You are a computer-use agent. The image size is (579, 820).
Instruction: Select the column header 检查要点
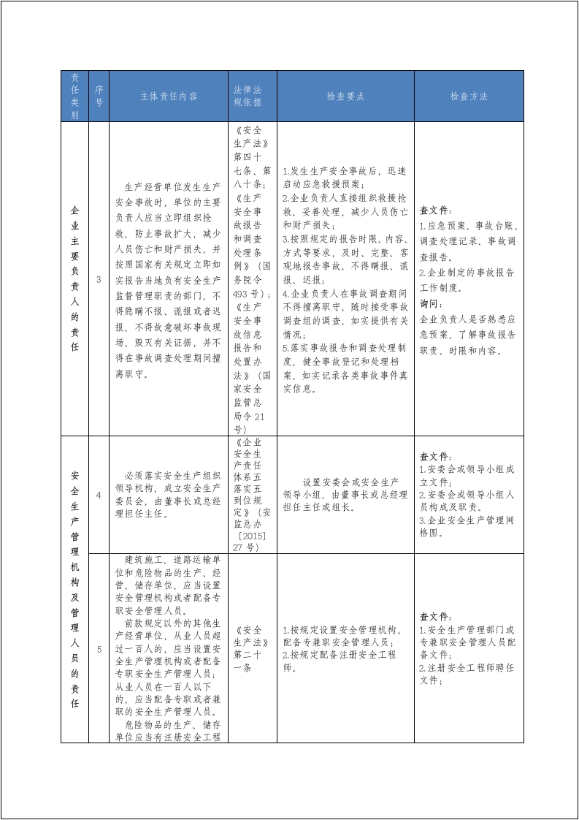click(x=345, y=96)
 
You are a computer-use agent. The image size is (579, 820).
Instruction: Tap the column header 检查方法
click(x=469, y=96)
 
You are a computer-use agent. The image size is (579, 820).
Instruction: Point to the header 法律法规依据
click(x=247, y=96)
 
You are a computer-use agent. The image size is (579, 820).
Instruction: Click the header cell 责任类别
click(x=74, y=96)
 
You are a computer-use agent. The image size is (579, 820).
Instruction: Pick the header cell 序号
click(x=99, y=96)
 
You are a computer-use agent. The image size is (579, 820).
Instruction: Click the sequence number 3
click(x=99, y=279)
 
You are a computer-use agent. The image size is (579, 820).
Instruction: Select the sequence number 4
click(x=99, y=495)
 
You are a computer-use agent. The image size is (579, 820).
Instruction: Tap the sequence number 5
click(x=99, y=648)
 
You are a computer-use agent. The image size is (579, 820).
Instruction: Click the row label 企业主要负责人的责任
click(x=74, y=279)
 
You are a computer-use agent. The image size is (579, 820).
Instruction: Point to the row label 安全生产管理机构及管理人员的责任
click(x=74, y=589)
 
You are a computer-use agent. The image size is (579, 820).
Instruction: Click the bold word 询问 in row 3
click(x=432, y=303)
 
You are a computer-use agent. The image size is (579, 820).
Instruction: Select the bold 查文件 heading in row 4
click(x=436, y=456)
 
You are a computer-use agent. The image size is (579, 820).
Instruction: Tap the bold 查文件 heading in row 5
click(x=436, y=616)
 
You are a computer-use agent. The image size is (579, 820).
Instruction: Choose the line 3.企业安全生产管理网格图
click(x=467, y=525)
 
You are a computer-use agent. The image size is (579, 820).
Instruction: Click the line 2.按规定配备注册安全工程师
click(x=340, y=661)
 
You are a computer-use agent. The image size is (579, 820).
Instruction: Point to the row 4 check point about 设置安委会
click(x=345, y=495)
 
